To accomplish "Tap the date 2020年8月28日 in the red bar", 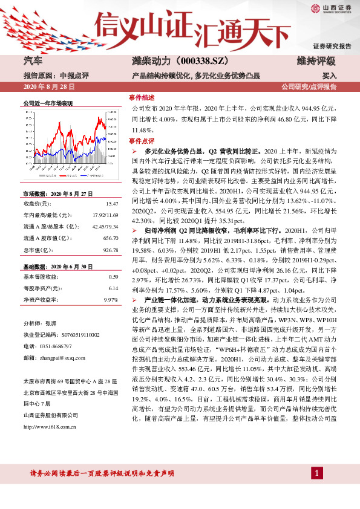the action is pyautogui.click(x=49, y=86).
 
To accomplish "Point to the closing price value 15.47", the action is pyautogui.click(x=111, y=204).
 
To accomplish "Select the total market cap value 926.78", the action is pyautogui.click(x=110, y=249).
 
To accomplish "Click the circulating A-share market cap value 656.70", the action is pyautogui.click(x=110, y=238).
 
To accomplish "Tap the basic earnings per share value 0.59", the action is pyautogui.click(x=113, y=276).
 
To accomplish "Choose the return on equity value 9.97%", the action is pyautogui.click(x=110, y=299).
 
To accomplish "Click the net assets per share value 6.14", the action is pyautogui.click(x=113, y=288).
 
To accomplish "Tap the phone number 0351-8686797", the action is pyautogui.click(x=62, y=346).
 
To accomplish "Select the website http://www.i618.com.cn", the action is pyautogui.click(x=49, y=427).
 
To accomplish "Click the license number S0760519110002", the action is pyautogui.click(x=74, y=335).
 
